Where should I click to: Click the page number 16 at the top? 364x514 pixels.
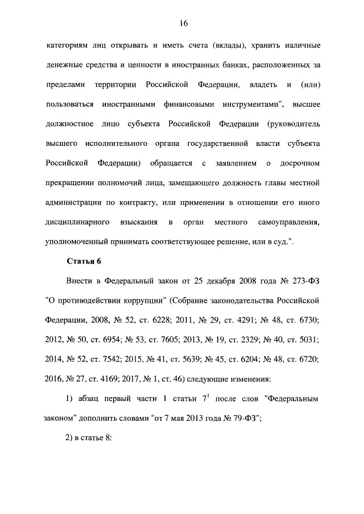[183, 23]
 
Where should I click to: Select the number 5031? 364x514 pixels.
[306, 339]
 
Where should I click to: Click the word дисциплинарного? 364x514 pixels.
[77, 220]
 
